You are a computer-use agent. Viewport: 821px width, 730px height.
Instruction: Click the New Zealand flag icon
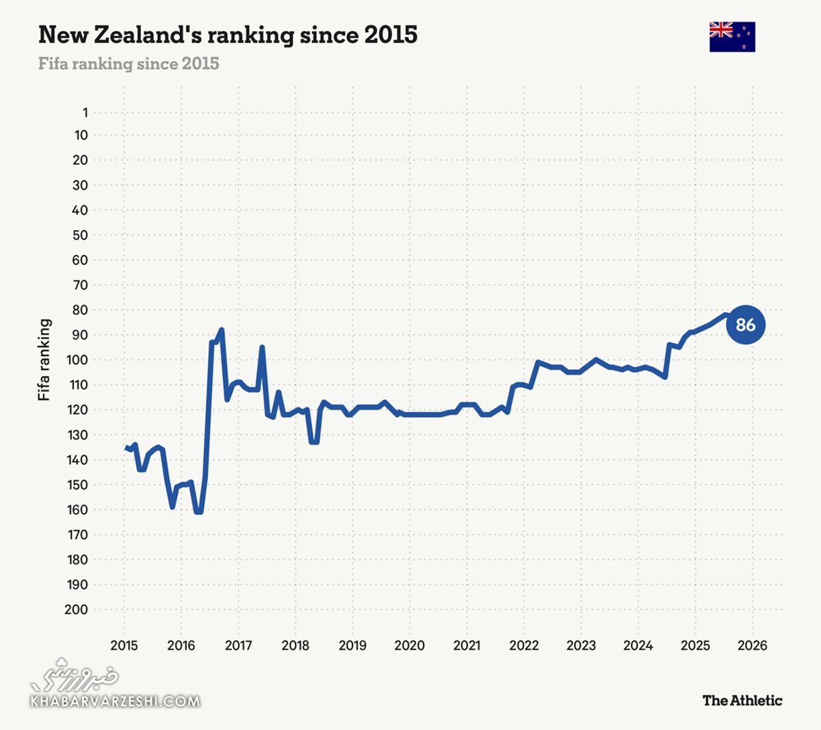732,37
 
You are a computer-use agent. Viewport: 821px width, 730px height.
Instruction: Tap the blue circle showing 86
745,325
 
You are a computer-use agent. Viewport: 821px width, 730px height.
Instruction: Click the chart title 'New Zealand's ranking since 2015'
228,34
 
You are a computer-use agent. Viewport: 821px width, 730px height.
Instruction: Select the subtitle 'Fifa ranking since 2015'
129,64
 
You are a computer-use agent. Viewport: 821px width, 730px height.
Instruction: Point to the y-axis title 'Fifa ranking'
44,360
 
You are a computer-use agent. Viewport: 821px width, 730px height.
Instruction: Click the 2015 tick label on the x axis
124,645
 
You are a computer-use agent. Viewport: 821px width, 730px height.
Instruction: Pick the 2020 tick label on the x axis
409,645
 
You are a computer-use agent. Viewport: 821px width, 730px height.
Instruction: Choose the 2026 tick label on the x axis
753,645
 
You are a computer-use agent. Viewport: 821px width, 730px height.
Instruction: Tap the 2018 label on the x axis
295,645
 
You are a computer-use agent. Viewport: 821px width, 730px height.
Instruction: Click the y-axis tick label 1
86,112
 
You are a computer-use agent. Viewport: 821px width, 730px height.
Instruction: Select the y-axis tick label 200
76,609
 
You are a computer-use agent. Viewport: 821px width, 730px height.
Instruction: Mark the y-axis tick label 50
80,235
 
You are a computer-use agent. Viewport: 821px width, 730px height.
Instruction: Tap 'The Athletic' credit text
742,700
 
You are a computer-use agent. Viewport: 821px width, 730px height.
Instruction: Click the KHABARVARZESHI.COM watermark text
115,701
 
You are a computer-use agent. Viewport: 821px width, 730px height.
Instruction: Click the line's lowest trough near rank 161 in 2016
198,512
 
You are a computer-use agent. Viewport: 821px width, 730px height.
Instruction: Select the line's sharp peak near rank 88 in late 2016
222,330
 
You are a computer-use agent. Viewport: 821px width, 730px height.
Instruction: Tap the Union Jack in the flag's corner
721,29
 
